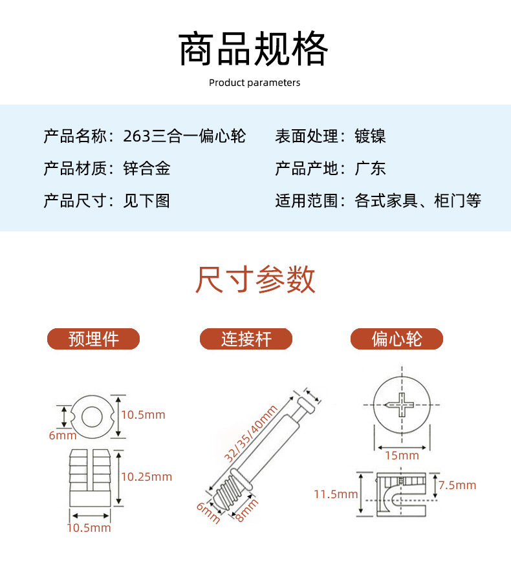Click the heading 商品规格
point(254,48)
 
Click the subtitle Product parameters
point(254,83)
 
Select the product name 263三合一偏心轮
point(184,136)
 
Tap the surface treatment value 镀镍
point(370,136)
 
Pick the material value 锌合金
point(147,169)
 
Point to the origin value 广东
point(370,169)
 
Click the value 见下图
point(147,201)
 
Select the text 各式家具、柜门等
point(418,201)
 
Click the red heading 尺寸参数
point(255,279)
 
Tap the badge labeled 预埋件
point(93,339)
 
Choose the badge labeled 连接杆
point(246,339)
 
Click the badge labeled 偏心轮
point(397,339)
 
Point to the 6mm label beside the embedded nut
point(63,435)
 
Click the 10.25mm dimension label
point(146,477)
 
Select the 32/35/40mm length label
point(250,434)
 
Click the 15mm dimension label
point(402,456)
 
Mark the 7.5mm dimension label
point(457,485)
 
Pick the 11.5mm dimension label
point(336,494)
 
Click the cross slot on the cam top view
point(401,405)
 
